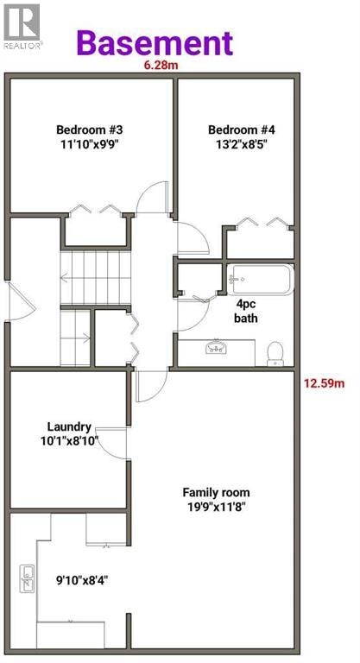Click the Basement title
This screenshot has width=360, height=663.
coord(155,43)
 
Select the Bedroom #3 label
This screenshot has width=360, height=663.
coord(90,129)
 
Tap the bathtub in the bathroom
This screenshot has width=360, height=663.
coord(260,279)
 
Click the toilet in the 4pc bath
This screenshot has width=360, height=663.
coord(275,353)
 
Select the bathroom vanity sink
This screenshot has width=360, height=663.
coord(216,347)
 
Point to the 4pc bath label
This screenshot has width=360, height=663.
coord(246,311)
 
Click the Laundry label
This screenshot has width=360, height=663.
coord(69,426)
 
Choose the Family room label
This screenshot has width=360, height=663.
coord(216,492)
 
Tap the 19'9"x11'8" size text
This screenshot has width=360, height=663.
coord(217,507)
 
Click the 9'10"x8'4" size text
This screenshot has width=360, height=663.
coord(81,580)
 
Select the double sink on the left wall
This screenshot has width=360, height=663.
coord(28,579)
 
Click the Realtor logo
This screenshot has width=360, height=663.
coord(22,26)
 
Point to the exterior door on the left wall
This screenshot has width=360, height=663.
coord(21,301)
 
